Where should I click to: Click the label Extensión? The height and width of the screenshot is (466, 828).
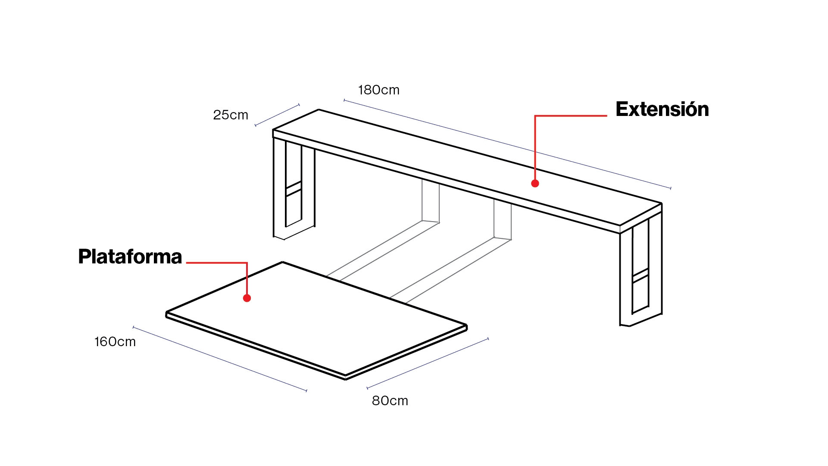point(662,109)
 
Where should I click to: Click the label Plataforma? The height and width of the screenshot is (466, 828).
point(130,256)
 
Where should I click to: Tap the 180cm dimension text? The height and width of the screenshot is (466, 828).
point(379,90)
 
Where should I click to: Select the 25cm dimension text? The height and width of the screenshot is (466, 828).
point(231,115)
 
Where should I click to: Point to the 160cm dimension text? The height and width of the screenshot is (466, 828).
point(115,342)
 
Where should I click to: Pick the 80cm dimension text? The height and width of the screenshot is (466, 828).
point(390,401)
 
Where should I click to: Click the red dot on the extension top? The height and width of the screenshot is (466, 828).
point(535,184)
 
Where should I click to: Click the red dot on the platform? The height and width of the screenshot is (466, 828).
point(247,298)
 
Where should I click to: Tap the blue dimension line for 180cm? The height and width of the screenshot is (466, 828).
point(507,144)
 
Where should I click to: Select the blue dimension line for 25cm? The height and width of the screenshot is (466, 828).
point(277,115)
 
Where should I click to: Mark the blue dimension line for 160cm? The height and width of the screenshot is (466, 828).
point(220,359)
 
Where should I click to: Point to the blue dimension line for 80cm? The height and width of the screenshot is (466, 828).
point(428,363)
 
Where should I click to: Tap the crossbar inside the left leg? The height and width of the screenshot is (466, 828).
point(294,189)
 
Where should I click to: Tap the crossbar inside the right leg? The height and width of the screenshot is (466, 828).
point(641,276)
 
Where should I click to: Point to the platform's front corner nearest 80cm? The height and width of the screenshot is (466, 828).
point(345,376)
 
